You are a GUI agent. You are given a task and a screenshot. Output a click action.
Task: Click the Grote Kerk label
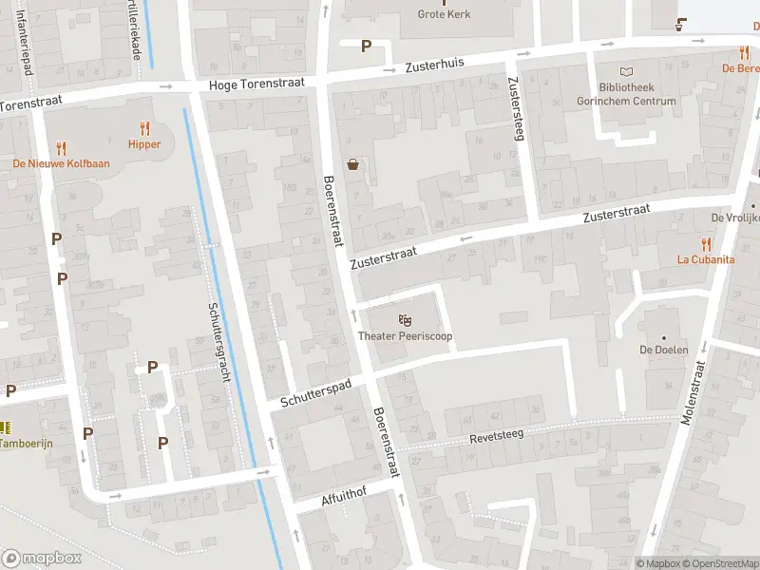[444, 14]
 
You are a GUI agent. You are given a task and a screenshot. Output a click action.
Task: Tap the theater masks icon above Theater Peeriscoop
[406, 319]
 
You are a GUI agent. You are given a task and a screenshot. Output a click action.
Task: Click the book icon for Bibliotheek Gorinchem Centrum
[626, 72]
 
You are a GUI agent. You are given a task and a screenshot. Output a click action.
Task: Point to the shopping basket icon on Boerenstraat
[353, 163]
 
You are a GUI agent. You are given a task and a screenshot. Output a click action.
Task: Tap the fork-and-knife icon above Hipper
[144, 127]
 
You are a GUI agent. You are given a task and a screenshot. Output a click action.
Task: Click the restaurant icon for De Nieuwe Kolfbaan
[61, 147]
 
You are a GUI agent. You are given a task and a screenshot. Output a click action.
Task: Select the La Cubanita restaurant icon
[705, 243]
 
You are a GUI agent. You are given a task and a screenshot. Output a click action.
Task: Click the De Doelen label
[663, 350]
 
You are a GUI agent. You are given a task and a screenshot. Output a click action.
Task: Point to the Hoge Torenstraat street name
[256, 84]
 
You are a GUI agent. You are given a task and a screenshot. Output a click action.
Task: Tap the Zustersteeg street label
[518, 107]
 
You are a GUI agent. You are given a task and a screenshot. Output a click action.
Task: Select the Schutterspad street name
[316, 392]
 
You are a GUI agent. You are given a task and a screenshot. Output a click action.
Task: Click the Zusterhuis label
[434, 65]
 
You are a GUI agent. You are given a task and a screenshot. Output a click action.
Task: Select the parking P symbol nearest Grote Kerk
[366, 46]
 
